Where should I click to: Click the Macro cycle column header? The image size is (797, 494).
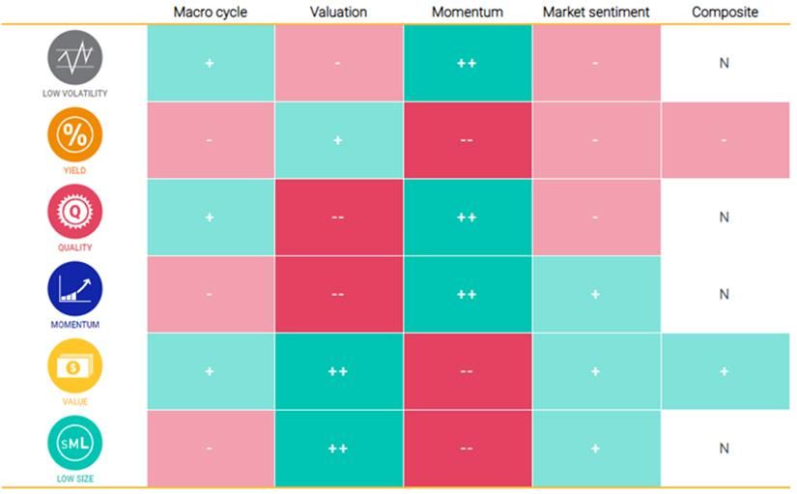[210, 13]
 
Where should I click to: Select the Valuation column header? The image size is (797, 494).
[338, 13]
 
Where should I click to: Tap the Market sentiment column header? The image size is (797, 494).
[596, 13]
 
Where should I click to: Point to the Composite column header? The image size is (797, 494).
[725, 13]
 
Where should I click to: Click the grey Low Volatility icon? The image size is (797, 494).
[74, 58]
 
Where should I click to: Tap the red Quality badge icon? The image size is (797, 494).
[74, 211]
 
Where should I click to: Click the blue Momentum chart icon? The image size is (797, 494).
[74, 288]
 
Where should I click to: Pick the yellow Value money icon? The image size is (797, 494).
[74, 365]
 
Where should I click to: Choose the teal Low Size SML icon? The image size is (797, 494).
[74, 442]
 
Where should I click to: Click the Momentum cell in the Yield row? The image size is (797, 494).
[467, 140]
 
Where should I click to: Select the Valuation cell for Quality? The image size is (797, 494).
[338, 218]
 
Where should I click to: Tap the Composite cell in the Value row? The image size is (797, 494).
[725, 372]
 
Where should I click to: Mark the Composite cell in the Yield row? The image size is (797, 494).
[725, 140]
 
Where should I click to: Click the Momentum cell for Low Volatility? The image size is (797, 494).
[467, 63]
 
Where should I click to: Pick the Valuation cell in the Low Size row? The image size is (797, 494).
[338, 449]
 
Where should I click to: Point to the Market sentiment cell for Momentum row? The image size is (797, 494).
[596, 295]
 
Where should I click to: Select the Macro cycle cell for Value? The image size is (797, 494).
[210, 372]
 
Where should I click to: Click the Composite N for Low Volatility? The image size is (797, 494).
[725, 63]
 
